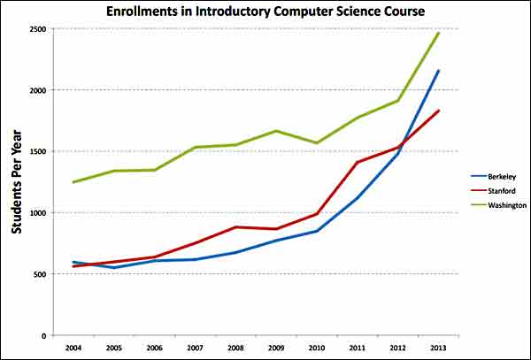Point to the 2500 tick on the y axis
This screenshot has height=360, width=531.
[x=37, y=29]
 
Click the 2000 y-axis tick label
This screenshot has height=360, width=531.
[x=37, y=90]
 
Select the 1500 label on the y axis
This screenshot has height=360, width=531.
[x=37, y=151]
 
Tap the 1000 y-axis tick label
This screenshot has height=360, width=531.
[x=37, y=213]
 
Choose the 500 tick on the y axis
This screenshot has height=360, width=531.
[x=39, y=274]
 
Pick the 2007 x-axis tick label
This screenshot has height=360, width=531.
[x=195, y=349]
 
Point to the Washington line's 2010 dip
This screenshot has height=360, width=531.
[x=317, y=143]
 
